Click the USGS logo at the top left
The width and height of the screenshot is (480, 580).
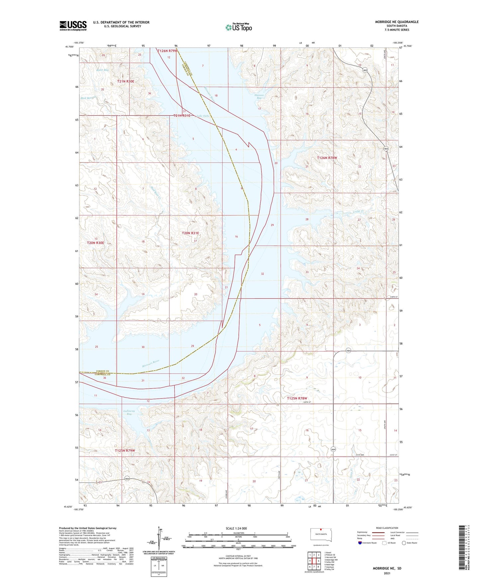point(73,26)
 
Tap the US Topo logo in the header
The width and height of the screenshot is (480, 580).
point(239,27)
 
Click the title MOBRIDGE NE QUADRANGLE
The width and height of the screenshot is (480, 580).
point(397,22)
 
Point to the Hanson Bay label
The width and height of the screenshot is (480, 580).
point(259,97)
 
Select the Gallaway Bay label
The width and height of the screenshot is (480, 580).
point(129,413)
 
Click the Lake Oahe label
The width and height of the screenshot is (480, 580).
point(203,116)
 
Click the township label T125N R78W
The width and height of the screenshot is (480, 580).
point(297,398)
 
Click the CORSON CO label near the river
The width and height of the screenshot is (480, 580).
point(102,371)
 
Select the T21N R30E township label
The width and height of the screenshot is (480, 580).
point(126,81)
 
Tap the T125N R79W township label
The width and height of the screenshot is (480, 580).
point(125,450)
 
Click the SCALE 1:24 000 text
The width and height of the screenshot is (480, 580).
point(236,528)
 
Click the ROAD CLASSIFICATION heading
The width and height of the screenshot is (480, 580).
point(387,528)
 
